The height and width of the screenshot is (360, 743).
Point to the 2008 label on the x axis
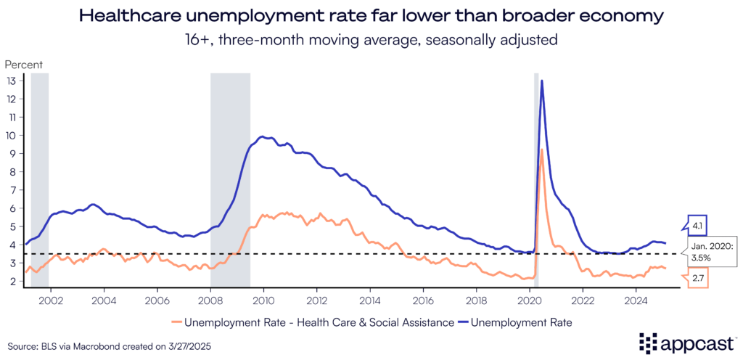pos(210,298)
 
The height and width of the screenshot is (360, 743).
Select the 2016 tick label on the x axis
pos(423,298)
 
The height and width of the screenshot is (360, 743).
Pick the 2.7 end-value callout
pos(697,278)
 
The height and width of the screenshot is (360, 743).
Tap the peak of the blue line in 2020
pos(542,81)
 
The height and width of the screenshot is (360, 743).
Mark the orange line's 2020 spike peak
pos(542,150)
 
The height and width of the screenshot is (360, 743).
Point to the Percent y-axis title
pos(24,65)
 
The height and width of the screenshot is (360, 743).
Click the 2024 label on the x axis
pos(636,298)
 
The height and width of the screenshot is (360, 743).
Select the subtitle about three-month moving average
pos(371,40)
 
